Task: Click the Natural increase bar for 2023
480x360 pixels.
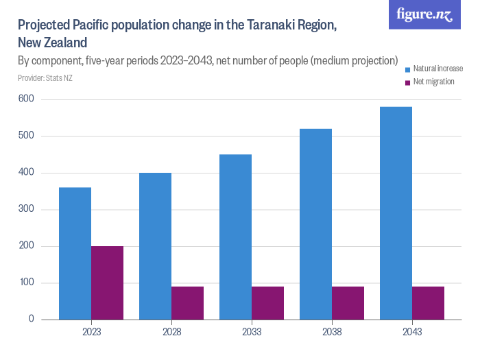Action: [x=75, y=253]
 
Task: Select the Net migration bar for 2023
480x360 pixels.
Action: [x=107, y=283]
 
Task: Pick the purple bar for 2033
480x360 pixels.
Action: [x=267, y=302]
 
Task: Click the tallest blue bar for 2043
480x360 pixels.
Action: [x=396, y=213]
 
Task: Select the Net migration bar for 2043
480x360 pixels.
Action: [x=428, y=302]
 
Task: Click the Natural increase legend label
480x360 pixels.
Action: [x=437, y=69]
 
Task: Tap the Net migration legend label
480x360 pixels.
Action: [x=433, y=82]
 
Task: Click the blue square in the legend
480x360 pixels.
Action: [x=407, y=69]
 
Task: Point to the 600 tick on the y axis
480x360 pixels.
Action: [x=27, y=99]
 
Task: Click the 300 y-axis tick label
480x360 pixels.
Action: [x=27, y=209]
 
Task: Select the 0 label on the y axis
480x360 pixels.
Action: [x=32, y=319]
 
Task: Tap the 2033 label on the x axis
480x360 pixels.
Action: [x=252, y=332]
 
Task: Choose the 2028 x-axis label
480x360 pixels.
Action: [x=171, y=332]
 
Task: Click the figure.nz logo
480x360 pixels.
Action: [x=424, y=15]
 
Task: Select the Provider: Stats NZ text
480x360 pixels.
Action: [x=45, y=77]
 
